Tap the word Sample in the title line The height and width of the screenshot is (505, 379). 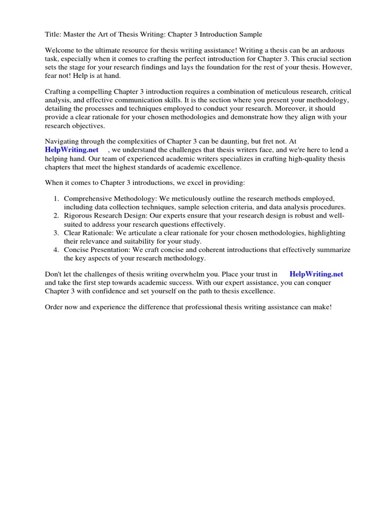tap(250, 35)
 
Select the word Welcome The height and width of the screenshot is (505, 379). tap(60, 50)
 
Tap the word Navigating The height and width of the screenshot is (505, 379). tap(62, 141)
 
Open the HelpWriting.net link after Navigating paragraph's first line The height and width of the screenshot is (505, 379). tap(72, 149)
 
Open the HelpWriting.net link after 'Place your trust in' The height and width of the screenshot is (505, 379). tap(316, 274)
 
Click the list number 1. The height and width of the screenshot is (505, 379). tap(56, 198)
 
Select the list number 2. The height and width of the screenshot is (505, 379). tap(56, 216)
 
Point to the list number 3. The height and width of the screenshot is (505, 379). tap(56, 233)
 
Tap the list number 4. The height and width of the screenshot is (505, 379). tap(56, 250)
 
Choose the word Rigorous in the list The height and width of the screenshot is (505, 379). tap(78, 216)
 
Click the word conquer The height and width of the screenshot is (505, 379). tap(317, 283)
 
